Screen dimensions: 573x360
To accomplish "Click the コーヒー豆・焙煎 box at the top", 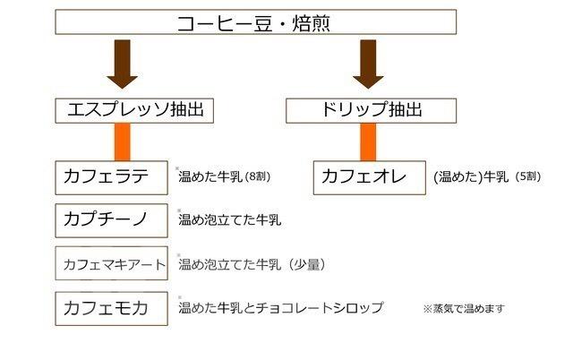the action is click(255, 21).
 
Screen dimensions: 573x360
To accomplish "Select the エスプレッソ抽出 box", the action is click(134, 110).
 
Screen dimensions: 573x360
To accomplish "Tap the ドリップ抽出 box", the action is click(371, 110).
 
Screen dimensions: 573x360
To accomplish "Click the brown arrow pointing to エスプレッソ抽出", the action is click(122, 64).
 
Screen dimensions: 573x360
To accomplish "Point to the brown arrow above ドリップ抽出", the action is click(368, 64).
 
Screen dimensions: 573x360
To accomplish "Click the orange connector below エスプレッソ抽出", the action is click(122, 141).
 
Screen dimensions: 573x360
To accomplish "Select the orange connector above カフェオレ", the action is click(368, 141).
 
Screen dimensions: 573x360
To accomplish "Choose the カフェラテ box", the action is click(111, 177).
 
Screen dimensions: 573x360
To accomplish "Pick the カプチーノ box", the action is click(111, 220).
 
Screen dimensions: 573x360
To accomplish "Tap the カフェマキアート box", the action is click(111, 263).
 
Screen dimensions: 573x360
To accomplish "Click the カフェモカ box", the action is click(111, 308).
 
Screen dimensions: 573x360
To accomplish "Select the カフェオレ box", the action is click(370, 177).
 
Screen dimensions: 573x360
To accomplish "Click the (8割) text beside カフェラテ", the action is click(258, 177).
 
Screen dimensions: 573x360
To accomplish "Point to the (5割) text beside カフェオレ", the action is click(527, 177).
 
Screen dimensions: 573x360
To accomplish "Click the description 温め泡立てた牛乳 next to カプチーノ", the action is click(230, 220).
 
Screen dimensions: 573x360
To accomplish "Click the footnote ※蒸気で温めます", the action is click(464, 309).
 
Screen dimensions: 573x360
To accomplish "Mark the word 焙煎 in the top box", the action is click(311, 23).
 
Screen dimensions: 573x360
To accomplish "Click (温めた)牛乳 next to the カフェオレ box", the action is click(471, 177).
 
